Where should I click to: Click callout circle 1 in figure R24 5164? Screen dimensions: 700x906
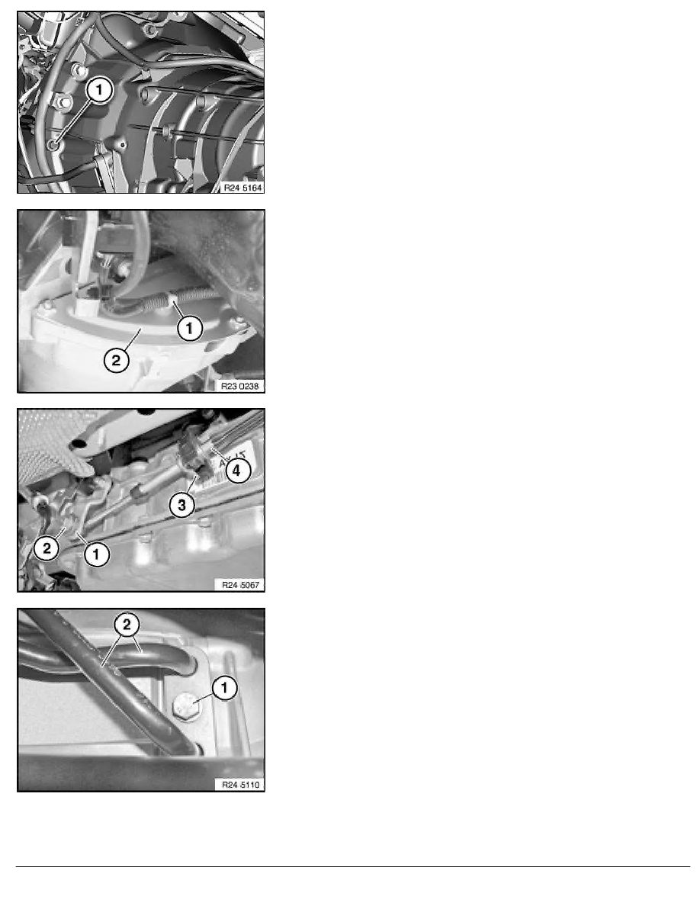coord(99,91)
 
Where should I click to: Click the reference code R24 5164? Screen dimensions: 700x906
coord(242,188)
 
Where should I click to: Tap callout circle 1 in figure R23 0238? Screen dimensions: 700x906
coord(189,328)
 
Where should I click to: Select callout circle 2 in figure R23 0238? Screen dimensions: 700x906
coord(116,361)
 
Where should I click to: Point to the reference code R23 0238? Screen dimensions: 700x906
coord(240,386)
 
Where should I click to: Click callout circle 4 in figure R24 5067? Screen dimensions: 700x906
coord(236,471)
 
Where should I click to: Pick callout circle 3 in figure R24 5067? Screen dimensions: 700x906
coord(182,505)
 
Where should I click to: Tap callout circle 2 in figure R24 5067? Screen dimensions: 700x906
coord(47,548)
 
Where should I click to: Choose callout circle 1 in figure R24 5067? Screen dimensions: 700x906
coord(96,554)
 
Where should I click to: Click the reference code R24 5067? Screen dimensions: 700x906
coord(241,585)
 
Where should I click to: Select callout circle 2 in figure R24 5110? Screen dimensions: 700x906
coord(127,625)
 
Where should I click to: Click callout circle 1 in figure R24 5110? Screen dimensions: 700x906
coord(225,688)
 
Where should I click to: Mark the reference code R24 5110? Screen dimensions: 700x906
coord(241,785)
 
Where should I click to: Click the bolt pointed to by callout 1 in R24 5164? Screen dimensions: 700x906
coord(53,144)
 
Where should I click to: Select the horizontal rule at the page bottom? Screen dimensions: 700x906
coord(353,866)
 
